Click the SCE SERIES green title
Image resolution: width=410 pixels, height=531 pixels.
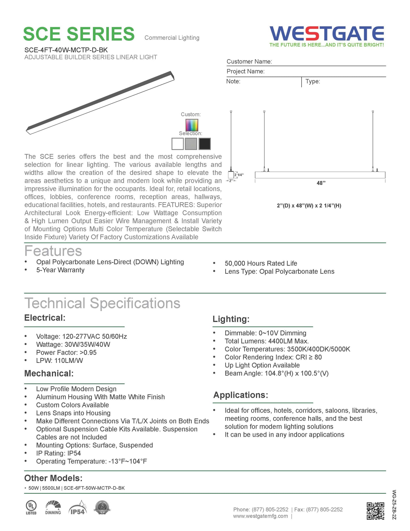pyautogui.click(x=79, y=34)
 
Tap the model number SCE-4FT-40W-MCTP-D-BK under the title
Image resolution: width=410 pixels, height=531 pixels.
pyautogui.click(x=66, y=50)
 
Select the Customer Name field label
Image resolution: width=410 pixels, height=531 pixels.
pyautogui.click(x=249, y=62)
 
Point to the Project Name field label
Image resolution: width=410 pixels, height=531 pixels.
pyautogui.click(x=245, y=72)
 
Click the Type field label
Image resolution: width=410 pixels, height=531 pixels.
pyautogui.click(x=313, y=81)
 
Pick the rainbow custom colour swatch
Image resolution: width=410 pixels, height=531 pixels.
pyautogui.click(x=192, y=125)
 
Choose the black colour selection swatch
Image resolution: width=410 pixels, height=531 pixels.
pyautogui.click(x=205, y=144)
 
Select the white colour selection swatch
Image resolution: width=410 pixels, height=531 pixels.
pyautogui.click(x=178, y=144)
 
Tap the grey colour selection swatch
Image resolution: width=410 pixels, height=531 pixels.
pyautogui.click(x=191, y=144)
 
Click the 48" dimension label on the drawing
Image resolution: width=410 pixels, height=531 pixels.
pyautogui.click(x=321, y=183)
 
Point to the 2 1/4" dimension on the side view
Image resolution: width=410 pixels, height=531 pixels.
pyautogui.click(x=239, y=175)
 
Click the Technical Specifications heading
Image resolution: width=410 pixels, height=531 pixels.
pyautogui.click(x=102, y=303)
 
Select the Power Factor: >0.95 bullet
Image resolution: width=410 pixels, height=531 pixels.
pyautogui.click(x=66, y=353)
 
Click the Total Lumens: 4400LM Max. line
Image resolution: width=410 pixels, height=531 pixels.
pyautogui.click(x=266, y=341)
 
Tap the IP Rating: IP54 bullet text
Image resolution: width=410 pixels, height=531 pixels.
pyautogui.click(x=58, y=453)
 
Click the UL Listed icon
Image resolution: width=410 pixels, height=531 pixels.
pyautogui.click(x=31, y=508)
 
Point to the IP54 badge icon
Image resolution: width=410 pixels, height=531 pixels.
pyautogui.click(x=77, y=508)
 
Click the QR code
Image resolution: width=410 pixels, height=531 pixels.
pyautogui.click(x=375, y=511)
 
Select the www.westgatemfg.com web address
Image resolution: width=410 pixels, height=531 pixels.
pyautogui.click(x=260, y=516)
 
